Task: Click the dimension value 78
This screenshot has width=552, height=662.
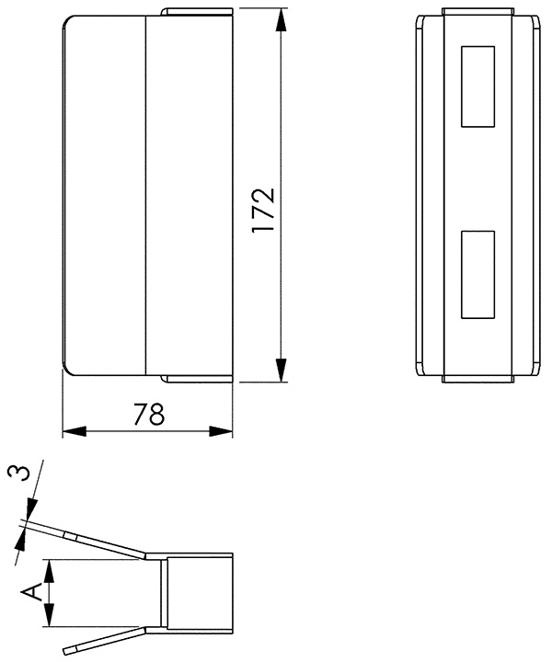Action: (148, 416)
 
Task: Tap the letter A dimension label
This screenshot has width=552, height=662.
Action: (30, 592)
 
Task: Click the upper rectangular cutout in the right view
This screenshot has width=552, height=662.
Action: (477, 86)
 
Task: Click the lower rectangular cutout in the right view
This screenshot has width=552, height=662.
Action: (477, 274)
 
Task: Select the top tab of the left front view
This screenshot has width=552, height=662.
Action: (197, 13)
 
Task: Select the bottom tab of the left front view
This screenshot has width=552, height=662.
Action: (197, 378)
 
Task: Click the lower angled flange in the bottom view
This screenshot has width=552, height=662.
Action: (101, 640)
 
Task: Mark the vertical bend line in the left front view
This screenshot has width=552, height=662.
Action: (148, 193)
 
